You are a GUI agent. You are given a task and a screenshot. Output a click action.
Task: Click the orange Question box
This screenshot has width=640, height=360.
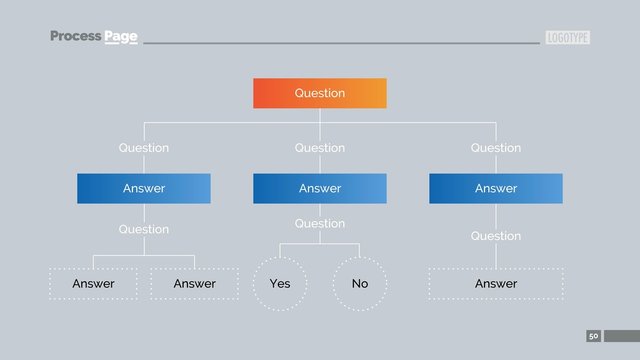[320, 93]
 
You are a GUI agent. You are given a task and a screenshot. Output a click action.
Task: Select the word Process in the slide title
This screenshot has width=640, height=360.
[76, 37]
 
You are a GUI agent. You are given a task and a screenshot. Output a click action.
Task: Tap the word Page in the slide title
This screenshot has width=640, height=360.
[121, 37]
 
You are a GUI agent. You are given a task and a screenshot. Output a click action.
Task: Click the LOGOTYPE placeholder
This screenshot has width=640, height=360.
[568, 38]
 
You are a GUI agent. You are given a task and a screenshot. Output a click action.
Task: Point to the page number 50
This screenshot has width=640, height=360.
[593, 336]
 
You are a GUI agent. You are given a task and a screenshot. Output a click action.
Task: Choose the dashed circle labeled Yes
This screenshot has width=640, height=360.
[280, 284]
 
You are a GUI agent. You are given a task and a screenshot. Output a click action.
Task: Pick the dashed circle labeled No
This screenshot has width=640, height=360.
[360, 284]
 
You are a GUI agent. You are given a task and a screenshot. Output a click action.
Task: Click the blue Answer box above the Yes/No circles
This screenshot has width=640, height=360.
[320, 188]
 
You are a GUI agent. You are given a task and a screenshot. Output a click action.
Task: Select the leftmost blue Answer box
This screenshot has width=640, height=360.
[144, 188]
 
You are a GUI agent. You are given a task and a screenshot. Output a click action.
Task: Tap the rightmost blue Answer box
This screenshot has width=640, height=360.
[496, 188]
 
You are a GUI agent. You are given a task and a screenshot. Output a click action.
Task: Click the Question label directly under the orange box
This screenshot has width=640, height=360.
[320, 148]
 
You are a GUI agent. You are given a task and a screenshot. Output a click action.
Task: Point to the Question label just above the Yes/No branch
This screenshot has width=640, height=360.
[320, 224]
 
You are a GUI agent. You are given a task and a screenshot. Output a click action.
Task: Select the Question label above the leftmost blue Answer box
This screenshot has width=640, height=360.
[144, 148]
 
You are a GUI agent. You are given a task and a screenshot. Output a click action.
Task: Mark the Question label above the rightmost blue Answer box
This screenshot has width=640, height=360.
[496, 148]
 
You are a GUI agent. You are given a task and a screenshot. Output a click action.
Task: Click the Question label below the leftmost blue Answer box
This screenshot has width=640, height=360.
[144, 229]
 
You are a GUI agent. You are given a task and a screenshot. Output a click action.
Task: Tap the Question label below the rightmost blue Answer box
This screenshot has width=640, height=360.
[496, 236]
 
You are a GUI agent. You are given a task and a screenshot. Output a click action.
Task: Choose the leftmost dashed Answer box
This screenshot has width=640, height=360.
[94, 284]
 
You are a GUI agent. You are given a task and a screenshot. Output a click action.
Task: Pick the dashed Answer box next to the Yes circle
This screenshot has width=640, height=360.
[195, 284]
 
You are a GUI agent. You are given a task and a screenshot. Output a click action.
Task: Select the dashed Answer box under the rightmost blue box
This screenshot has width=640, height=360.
[496, 284]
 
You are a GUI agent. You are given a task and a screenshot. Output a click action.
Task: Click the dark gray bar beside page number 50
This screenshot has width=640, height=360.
[621, 336]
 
